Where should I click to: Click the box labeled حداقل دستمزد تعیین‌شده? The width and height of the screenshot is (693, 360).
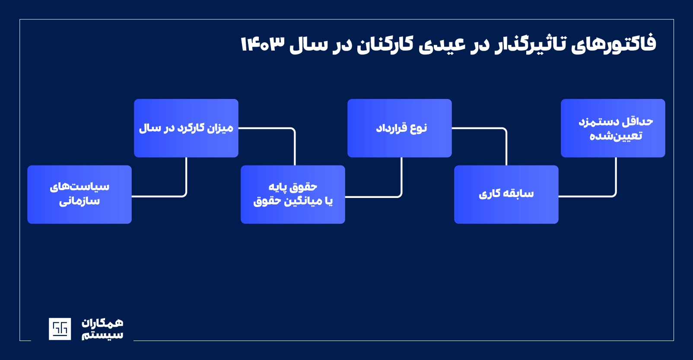(613, 128)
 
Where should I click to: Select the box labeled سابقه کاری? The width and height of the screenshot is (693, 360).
(506, 194)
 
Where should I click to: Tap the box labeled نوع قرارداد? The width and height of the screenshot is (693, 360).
(399, 128)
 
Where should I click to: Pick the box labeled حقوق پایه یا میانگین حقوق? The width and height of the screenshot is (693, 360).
(292, 194)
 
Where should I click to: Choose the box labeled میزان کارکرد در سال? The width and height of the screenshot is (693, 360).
(186, 128)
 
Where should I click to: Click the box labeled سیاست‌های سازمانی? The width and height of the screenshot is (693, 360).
(79, 194)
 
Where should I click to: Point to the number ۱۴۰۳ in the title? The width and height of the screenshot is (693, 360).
(262, 45)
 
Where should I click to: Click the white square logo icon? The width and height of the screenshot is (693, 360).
(60, 329)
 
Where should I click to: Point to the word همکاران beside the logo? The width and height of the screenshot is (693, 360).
(102, 323)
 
